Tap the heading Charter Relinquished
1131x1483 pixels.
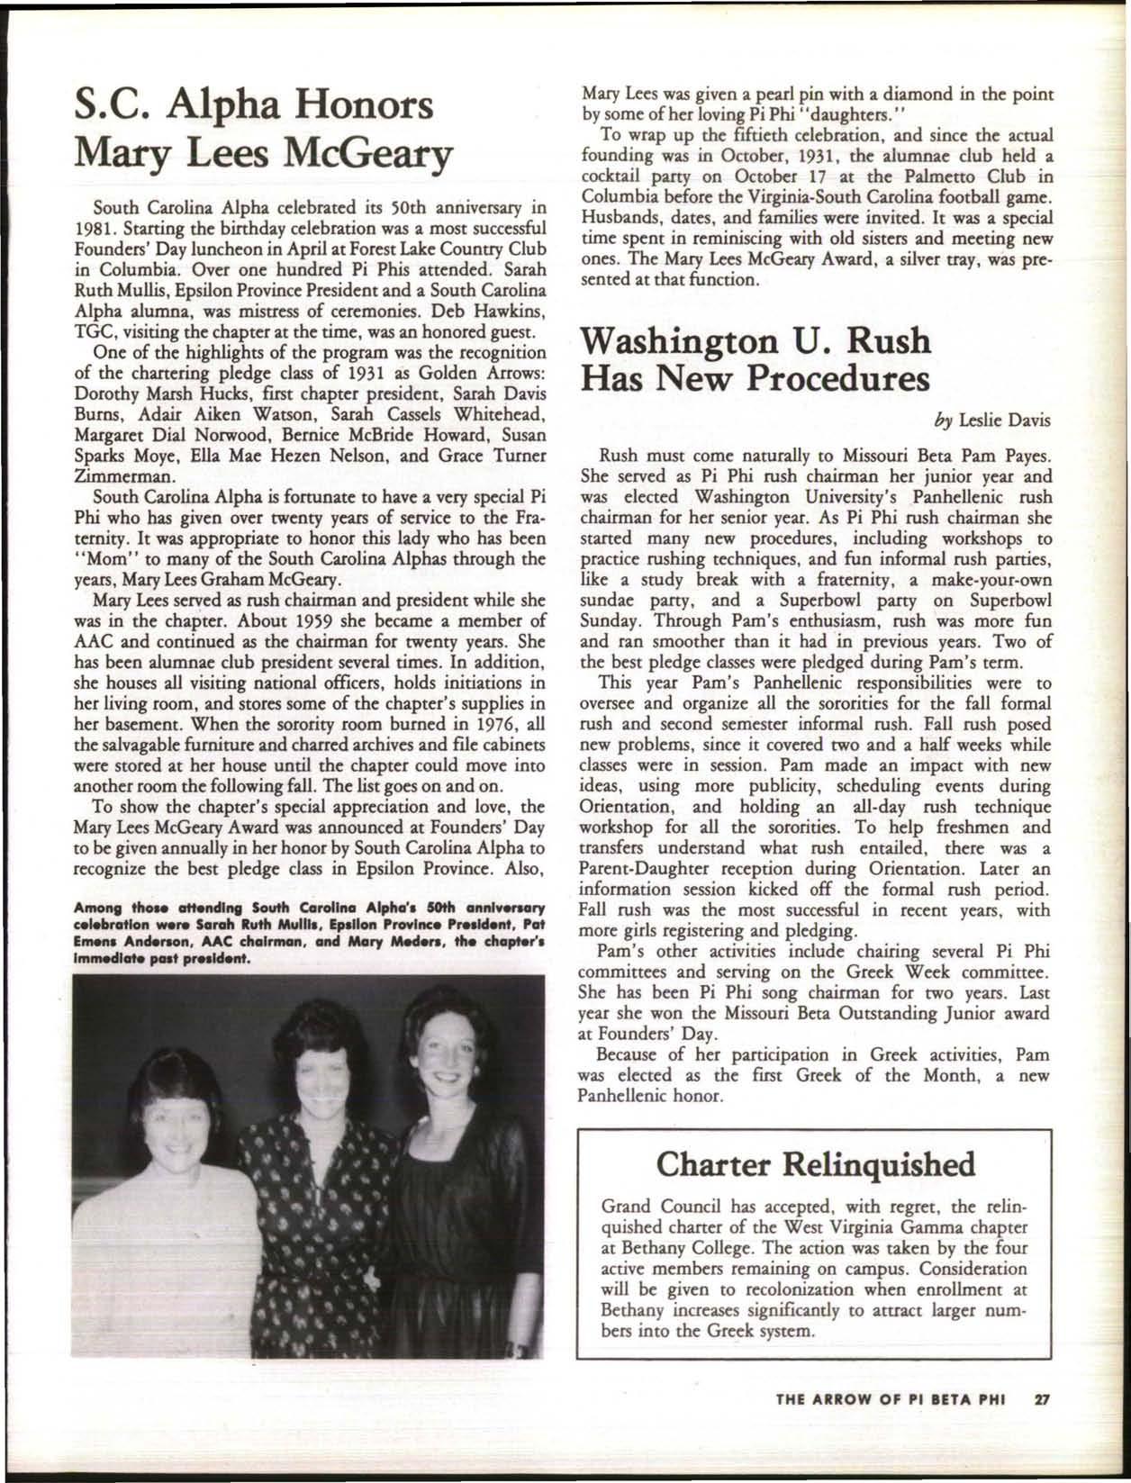pos(817,1164)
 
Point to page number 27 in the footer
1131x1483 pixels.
pos(1044,1425)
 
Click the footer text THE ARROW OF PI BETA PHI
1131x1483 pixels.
pos(890,1425)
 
